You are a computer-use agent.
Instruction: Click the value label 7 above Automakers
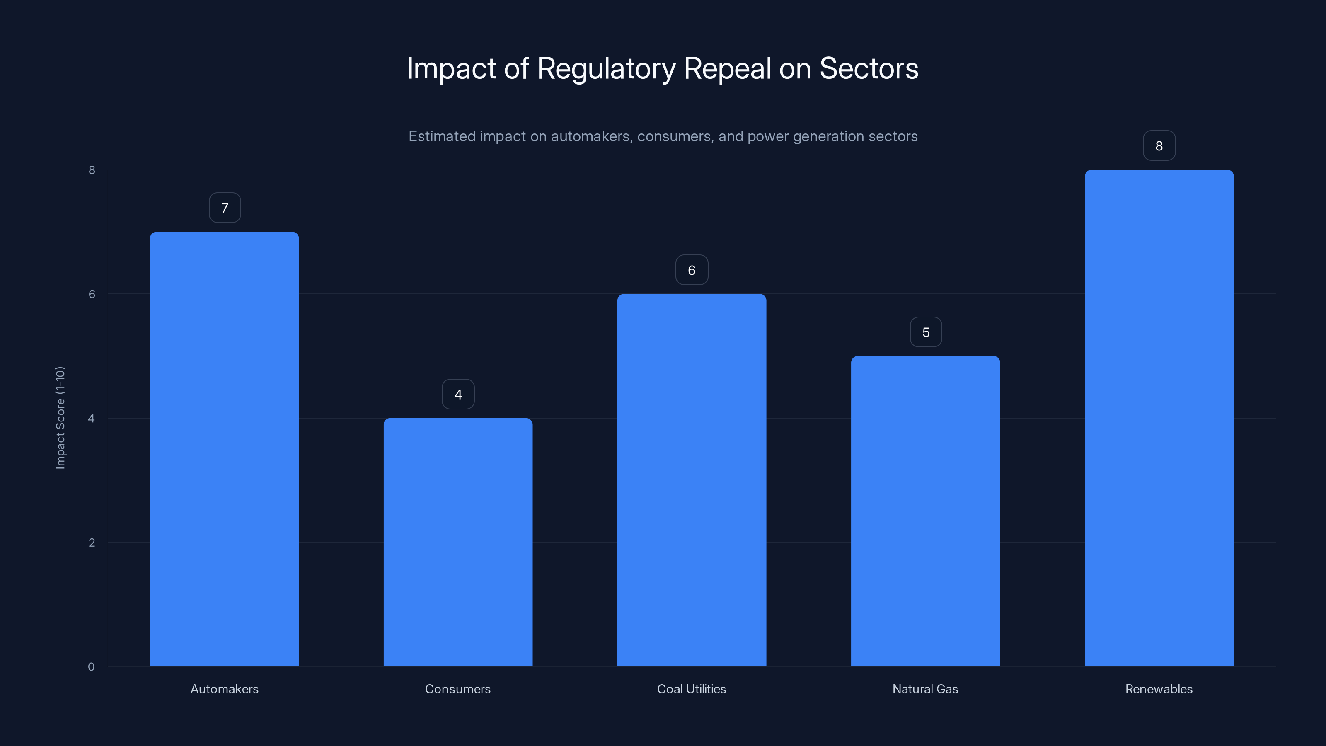click(225, 208)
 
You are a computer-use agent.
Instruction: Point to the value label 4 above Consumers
click(458, 395)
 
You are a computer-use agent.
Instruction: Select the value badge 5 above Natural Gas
click(926, 332)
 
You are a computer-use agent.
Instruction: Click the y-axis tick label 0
click(91, 667)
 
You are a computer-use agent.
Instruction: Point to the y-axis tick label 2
click(92, 542)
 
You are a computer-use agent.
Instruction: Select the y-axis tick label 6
click(92, 294)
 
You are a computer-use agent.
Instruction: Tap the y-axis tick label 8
click(92, 170)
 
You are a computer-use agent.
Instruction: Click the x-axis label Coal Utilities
click(691, 689)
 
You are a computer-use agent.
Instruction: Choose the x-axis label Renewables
click(1159, 689)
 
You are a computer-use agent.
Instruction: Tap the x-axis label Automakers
click(225, 689)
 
